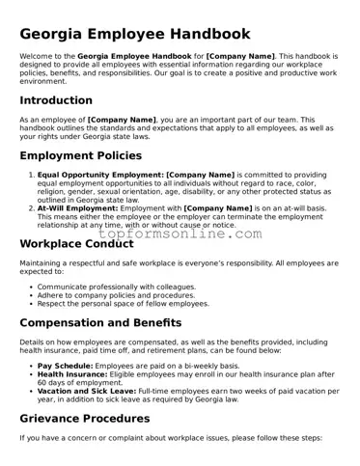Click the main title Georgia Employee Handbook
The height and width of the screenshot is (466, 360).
pos(135,34)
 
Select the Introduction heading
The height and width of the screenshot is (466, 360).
pos(56,100)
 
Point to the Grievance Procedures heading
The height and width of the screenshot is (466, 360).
pos(97,418)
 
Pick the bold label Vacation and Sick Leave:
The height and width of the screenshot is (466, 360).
pos(90,390)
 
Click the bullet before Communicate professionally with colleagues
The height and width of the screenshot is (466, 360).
pos(31,287)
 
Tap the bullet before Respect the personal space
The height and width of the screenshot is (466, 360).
pos(31,303)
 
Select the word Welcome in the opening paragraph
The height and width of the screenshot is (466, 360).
pos(37,57)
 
